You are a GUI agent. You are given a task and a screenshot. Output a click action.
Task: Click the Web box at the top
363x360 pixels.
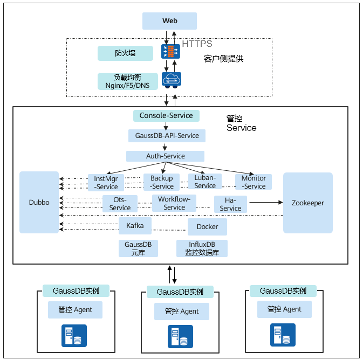[x=169, y=21]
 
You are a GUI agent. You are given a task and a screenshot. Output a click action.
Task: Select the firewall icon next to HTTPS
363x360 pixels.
[x=171, y=52]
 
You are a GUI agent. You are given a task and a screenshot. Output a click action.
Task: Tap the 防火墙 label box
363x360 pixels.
[x=125, y=53]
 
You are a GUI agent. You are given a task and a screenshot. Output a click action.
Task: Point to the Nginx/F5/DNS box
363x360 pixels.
[x=128, y=81]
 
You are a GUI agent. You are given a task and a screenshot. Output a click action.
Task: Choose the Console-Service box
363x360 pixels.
[x=166, y=115]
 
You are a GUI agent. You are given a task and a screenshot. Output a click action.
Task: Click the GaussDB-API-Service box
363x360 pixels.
[x=167, y=135]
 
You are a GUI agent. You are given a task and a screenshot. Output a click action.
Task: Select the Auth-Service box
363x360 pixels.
[x=165, y=156]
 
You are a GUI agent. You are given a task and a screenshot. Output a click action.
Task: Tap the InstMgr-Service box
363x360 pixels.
[x=106, y=182]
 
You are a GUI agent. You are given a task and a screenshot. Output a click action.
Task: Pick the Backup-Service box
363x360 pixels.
[x=161, y=182]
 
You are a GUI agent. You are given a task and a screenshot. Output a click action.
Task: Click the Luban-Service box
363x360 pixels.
[x=205, y=182]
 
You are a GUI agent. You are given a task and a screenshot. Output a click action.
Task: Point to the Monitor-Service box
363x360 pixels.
[x=254, y=182]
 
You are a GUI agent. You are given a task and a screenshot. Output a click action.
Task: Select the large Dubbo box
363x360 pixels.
[x=39, y=203]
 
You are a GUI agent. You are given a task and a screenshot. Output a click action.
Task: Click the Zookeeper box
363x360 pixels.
[x=308, y=203]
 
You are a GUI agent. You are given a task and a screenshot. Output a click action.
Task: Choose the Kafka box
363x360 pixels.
[x=135, y=226]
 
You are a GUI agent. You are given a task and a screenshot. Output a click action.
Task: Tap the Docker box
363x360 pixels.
[x=207, y=227]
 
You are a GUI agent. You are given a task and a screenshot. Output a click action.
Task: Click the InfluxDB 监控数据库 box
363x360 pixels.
[x=202, y=248]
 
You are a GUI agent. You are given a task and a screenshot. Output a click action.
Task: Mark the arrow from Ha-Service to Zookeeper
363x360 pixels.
[x=265, y=203]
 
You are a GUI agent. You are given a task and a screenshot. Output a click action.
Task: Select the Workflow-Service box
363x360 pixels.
[x=174, y=203]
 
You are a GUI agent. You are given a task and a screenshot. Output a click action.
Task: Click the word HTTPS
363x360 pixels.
[x=197, y=44]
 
